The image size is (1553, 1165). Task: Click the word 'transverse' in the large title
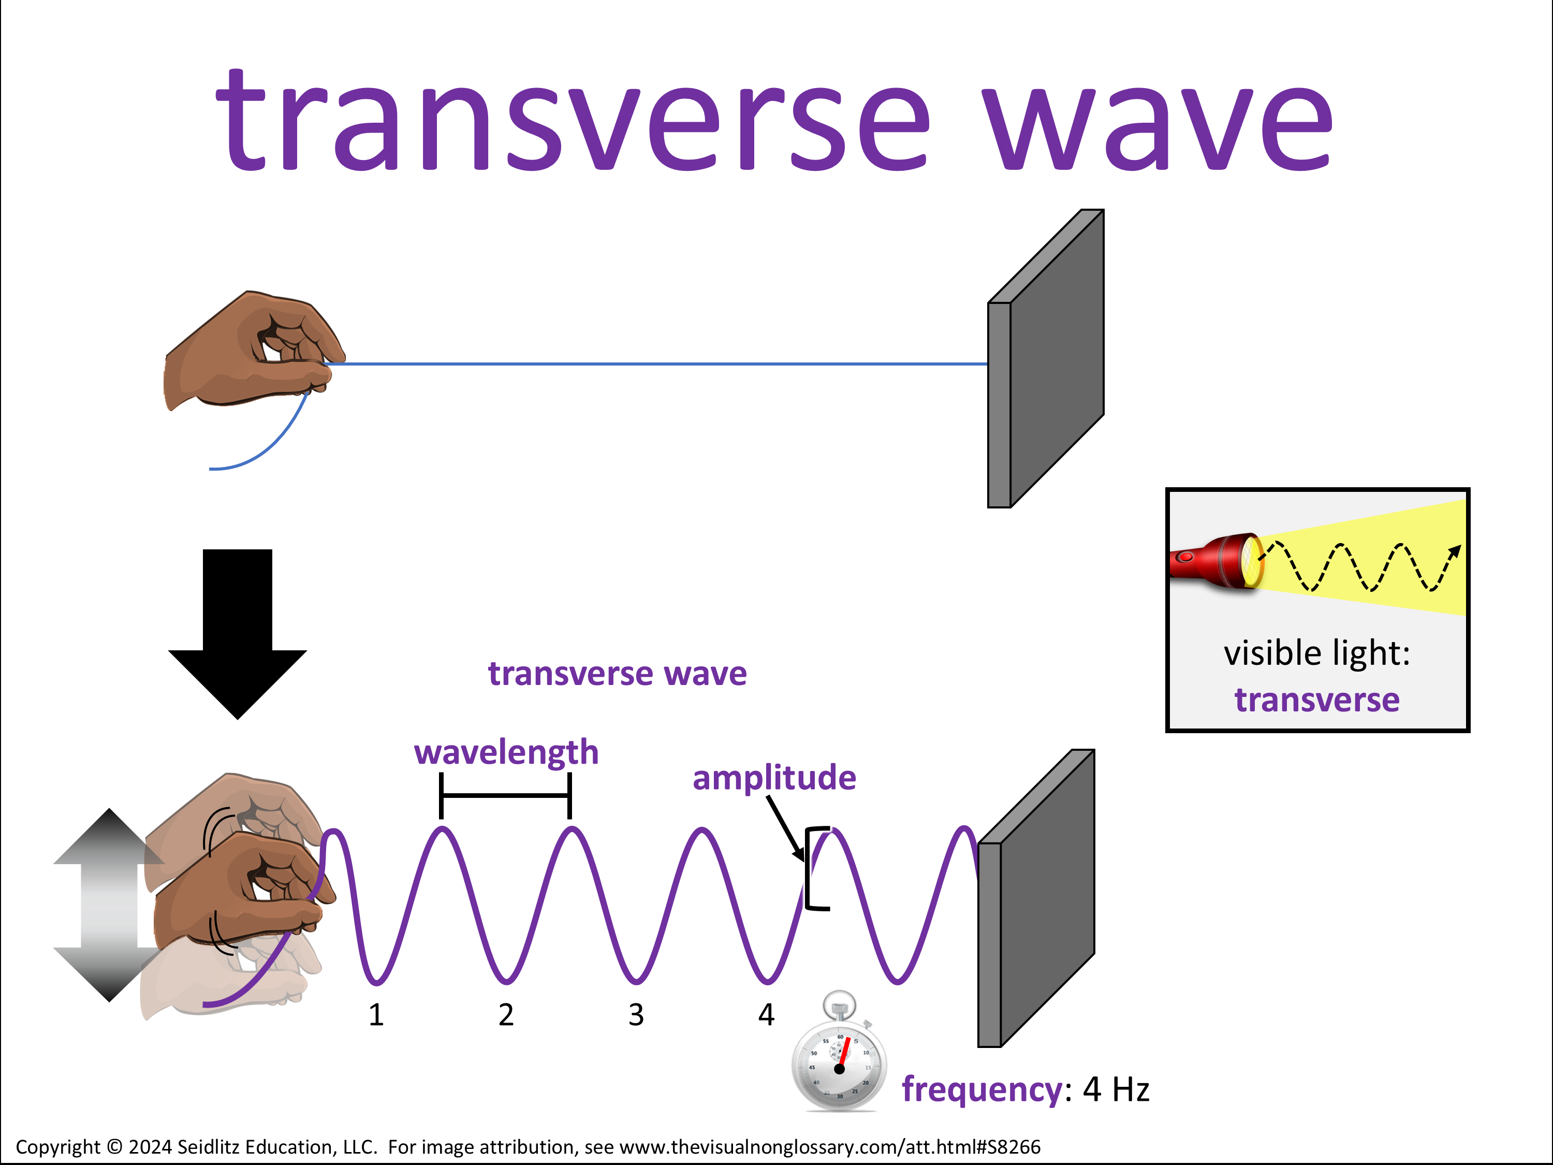[572, 120]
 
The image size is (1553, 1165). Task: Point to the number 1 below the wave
[376, 1015]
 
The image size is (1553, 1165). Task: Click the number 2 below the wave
[506, 1015]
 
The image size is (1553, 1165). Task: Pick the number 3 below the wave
[636, 1015]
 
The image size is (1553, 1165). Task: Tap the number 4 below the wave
[766, 1015]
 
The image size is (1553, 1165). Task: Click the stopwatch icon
[839, 1053]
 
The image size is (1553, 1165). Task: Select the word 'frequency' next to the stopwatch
[982, 1090]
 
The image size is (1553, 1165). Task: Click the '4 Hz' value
[1116, 1089]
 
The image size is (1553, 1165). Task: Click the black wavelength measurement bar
[505, 796]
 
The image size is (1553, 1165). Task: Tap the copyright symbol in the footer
[114, 1147]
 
